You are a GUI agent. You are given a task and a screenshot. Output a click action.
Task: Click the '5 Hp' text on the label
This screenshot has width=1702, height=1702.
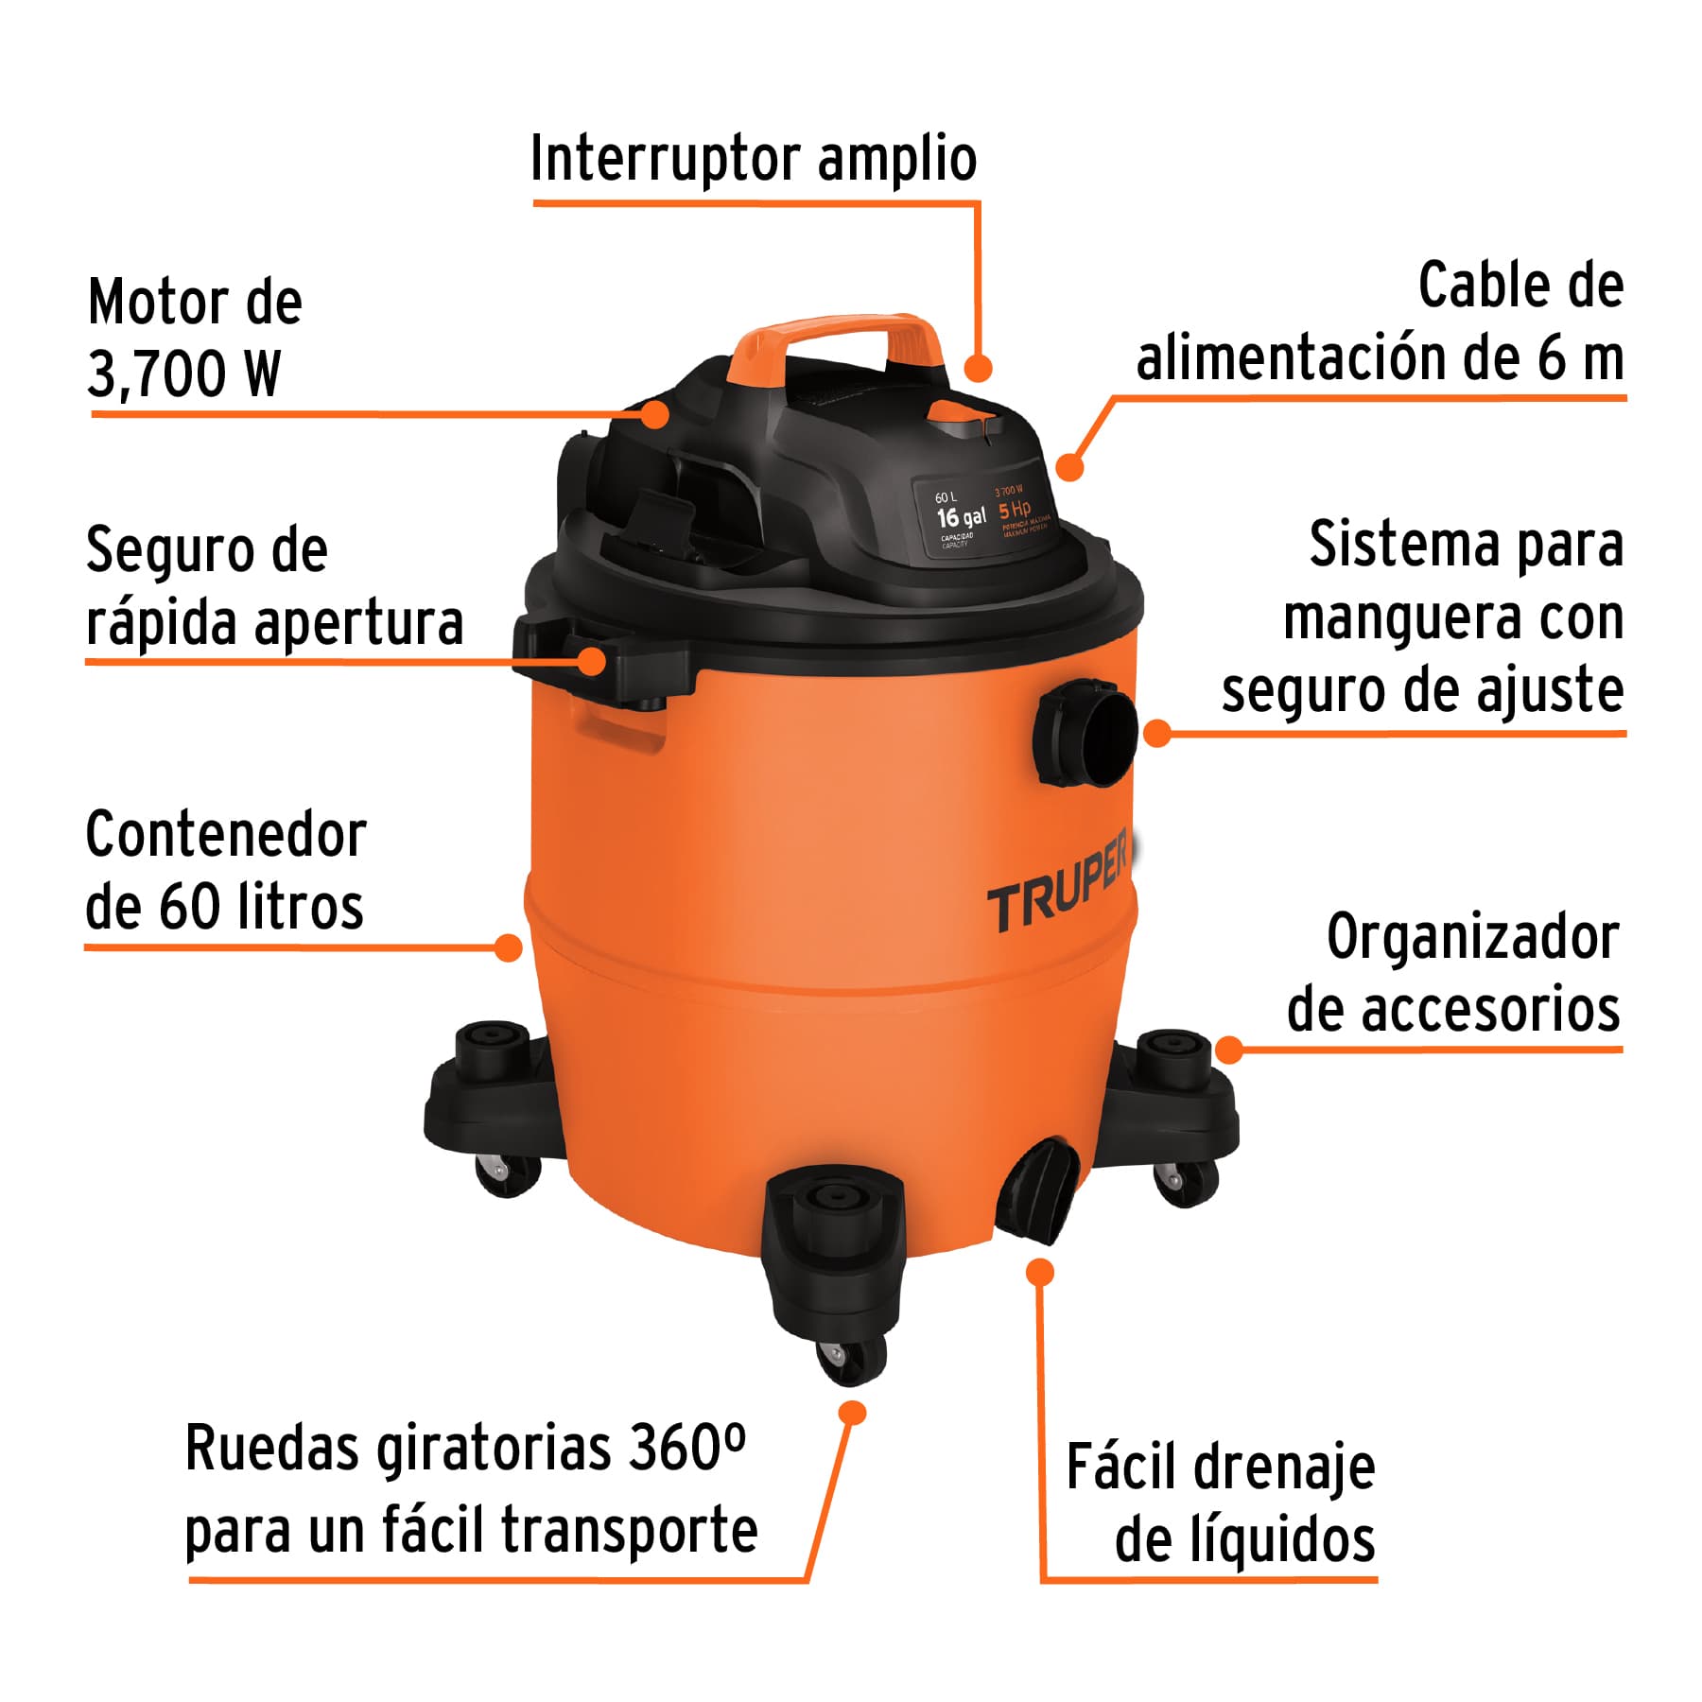[1014, 511]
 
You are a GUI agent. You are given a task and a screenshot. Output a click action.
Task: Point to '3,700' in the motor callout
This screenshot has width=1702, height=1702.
[157, 374]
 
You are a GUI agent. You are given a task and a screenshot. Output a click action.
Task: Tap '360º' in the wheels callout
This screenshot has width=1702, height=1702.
[686, 1449]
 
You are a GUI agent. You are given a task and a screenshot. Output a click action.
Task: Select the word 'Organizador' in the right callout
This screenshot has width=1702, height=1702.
[1472, 938]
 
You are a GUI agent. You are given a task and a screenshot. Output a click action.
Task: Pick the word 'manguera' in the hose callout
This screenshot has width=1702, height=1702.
[1403, 618]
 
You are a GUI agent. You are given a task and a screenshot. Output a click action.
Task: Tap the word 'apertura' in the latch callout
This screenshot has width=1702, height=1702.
[358, 624]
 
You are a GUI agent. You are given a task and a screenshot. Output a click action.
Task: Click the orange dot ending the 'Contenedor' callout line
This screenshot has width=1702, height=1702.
[509, 947]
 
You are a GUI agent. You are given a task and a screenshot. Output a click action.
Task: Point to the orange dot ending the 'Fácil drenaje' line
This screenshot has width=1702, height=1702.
[1040, 1272]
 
